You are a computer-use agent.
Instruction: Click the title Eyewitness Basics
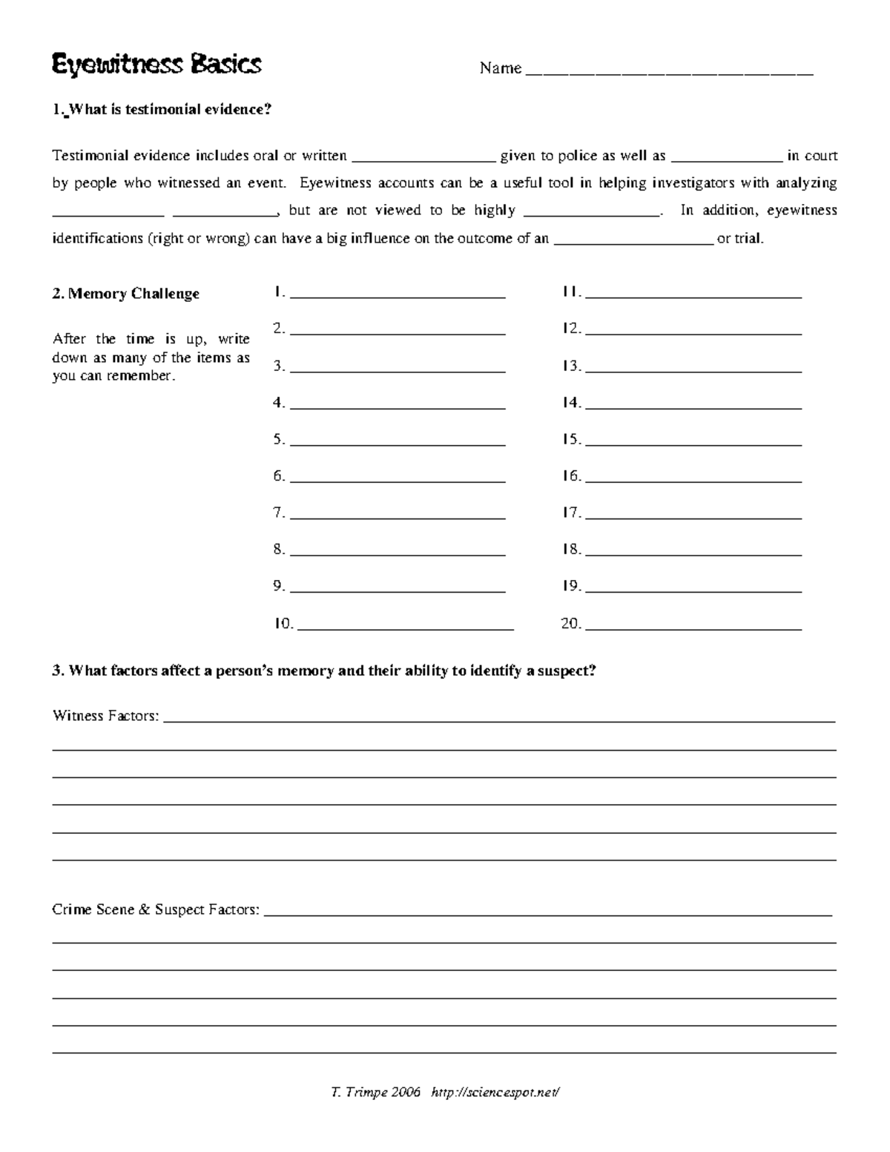pyautogui.click(x=156, y=65)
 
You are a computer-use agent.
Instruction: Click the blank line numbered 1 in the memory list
pyautogui.click(x=398, y=294)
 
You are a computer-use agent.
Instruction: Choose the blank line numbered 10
pyautogui.click(x=404, y=626)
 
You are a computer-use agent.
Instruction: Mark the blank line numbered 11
pyautogui.click(x=693, y=294)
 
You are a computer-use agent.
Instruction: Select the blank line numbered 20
pyautogui.click(x=693, y=626)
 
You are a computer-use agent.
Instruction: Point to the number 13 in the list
pyautogui.click(x=571, y=366)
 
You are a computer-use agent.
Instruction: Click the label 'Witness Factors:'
pyautogui.click(x=105, y=717)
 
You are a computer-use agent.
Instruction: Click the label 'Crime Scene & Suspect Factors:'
pyautogui.click(x=156, y=909)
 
